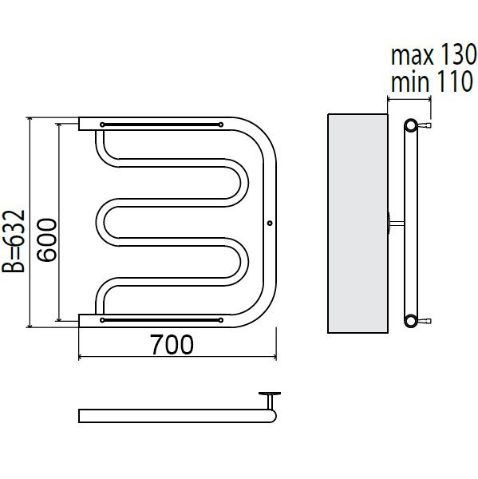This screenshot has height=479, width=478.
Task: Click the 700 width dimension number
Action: point(172,345)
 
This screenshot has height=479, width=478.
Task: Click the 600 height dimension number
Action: point(47,240)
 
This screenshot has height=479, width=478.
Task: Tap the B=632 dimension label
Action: point(14,241)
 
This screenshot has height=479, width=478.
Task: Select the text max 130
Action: point(434,54)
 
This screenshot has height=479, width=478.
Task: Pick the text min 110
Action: point(432,81)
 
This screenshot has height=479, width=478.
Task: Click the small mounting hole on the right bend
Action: point(270,224)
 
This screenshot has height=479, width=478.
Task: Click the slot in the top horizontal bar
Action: point(161,125)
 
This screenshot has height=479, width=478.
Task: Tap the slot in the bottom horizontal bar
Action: point(161,320)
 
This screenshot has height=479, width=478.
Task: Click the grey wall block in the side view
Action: point(358,224)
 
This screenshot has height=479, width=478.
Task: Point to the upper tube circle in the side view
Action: point(411,125)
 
